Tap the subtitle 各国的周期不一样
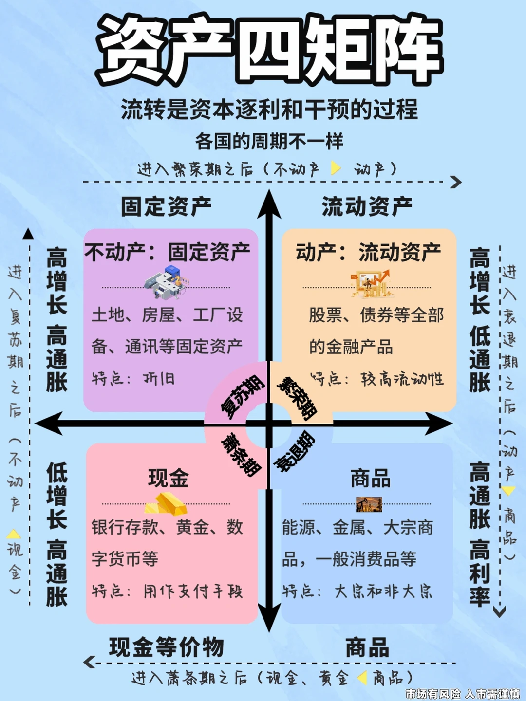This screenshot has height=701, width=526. click(269, 142)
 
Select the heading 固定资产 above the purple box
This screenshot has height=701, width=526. click(166, 206)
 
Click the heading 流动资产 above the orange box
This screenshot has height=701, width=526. click(367, 206)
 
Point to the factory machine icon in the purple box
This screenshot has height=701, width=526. click(166, 282)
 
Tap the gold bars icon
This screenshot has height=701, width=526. click(167, 504)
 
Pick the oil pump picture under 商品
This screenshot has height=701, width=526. click(369, 505)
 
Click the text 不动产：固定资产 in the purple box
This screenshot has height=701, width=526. click(167, 252)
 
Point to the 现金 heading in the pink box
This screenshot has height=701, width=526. click(168, 478)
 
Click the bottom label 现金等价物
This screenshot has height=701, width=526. click(166, 647)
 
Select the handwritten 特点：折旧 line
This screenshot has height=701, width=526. click(133, 379)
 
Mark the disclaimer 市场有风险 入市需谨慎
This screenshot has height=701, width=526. click(462, 693)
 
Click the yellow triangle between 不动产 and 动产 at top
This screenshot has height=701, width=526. click(335, 168)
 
